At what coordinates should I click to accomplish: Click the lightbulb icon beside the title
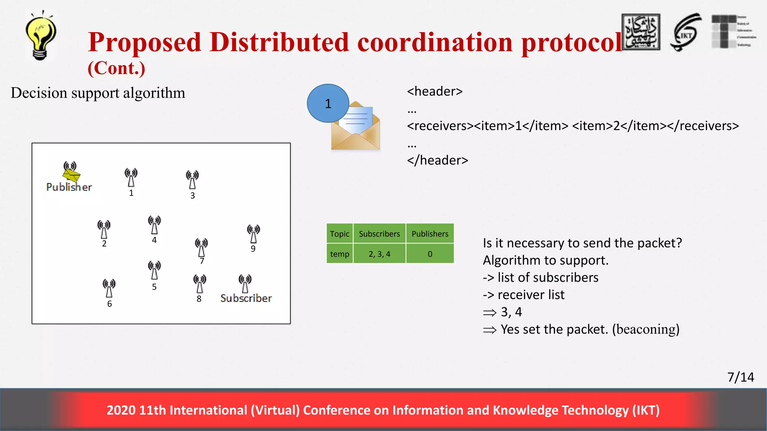(40, 36)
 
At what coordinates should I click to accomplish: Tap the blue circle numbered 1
(328, 103)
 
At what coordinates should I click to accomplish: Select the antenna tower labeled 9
(254, 234)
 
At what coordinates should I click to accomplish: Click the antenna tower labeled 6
(109, 288)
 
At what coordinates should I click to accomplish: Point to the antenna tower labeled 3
(192, 180)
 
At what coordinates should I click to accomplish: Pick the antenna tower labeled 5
(154, 270)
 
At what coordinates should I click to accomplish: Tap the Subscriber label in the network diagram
(246, 298)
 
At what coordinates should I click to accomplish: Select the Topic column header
(339, 234)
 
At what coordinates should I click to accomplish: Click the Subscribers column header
(379, 234)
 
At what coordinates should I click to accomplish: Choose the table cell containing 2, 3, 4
(379, 254)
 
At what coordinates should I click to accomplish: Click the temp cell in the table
(339, 254)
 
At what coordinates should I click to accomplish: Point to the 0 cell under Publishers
(430, 254)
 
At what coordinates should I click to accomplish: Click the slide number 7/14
(740, 377)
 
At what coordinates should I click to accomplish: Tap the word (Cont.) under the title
(116, 68)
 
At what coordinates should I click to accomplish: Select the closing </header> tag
(437, 160)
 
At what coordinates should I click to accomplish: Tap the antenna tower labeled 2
(104, 229)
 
